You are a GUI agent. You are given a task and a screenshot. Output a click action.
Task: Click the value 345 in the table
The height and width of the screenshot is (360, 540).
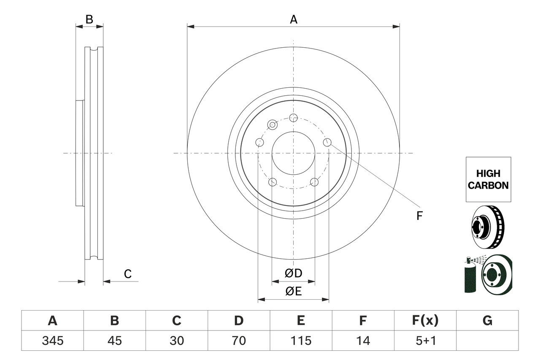coord(52,340)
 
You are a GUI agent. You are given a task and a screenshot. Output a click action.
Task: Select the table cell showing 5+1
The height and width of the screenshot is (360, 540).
coord(425,340)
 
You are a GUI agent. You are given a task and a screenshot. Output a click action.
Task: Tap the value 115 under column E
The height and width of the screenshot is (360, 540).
coord(301,340)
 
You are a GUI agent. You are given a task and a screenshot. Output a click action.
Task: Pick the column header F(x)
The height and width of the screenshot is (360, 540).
coord(425,321)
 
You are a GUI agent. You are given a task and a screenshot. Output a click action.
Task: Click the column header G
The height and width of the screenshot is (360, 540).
coord(487,321)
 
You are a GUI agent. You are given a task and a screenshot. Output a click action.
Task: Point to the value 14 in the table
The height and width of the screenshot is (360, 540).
coord(363,340)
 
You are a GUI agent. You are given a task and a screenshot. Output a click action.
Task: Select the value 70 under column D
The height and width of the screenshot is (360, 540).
coord(239,340)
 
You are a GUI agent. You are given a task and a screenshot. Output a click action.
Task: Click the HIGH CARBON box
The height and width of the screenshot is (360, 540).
coord(488,179)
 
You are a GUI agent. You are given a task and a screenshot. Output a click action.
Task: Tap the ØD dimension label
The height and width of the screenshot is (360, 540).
coord(294,273)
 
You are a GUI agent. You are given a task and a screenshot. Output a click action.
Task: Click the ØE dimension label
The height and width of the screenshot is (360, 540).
coord(294,292)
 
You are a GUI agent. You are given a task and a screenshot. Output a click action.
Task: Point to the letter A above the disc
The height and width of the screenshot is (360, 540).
coord(294,19)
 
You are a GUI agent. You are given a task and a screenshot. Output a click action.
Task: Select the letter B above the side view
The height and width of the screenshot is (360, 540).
coord(89,19)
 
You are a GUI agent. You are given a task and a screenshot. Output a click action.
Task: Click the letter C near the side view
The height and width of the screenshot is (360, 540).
coord(128,274)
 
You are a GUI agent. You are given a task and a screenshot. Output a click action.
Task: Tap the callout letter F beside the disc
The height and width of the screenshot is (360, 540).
coord(419,216)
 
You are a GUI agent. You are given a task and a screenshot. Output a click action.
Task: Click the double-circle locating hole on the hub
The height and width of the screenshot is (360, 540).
coord(273,125)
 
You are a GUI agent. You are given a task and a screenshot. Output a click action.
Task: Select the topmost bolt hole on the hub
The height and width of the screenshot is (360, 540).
coord(294,118)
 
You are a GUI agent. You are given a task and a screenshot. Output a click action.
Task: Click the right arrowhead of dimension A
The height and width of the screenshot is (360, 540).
coord(397,27)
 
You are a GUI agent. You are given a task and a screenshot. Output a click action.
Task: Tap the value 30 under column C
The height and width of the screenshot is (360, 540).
coord(177,340)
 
